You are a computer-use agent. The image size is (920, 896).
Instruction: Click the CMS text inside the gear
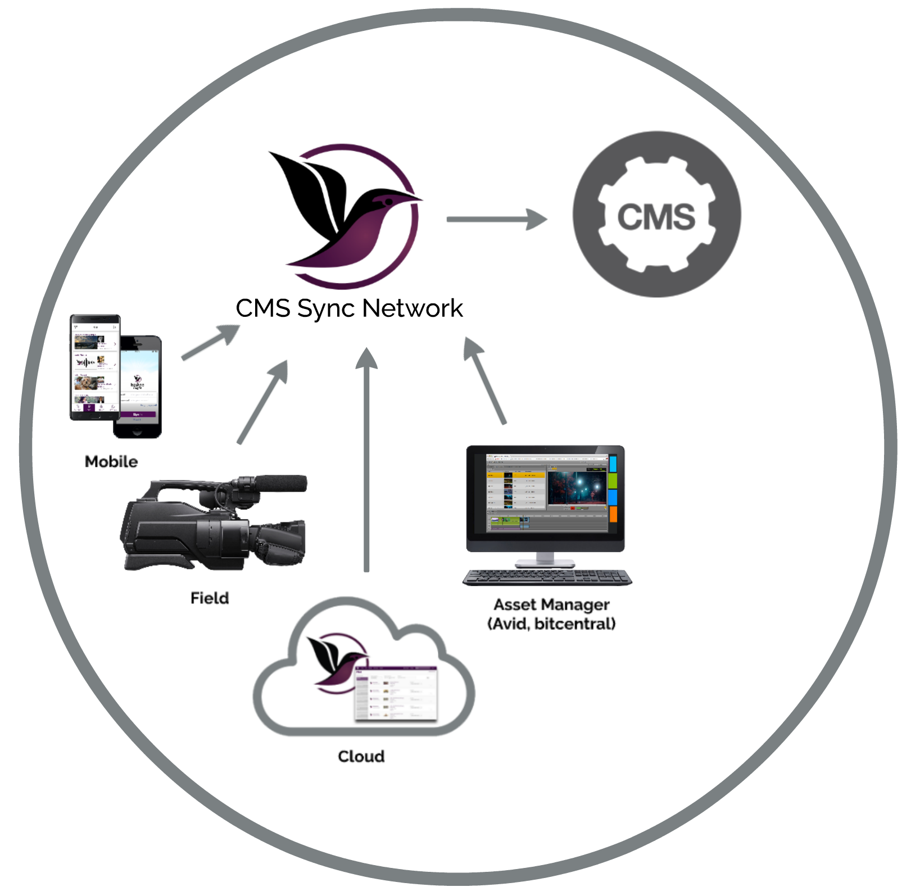(x=656, y=217)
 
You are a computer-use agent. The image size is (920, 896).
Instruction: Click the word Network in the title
(x=413, y=308)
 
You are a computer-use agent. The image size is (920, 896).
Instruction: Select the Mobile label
(x=111, y=462)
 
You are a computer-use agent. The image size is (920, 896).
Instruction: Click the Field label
(x=210, y=598)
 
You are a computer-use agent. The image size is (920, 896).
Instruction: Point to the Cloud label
(x=361, y=756)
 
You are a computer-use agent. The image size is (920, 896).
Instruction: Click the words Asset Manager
(x=551, y=604)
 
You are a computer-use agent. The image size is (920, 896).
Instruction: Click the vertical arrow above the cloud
(x=366, y=461)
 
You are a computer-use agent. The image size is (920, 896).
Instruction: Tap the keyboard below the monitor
(x=547, y=577)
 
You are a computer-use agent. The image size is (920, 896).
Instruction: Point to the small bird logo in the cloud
(x=335, y=663)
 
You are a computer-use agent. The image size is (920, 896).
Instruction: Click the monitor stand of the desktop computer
(x=545, y=560)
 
